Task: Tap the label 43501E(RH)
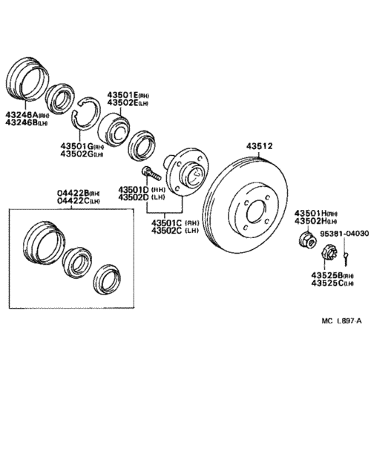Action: click(128, 94)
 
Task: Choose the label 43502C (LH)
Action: click(175, 230)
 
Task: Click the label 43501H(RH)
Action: click(317, 214)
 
